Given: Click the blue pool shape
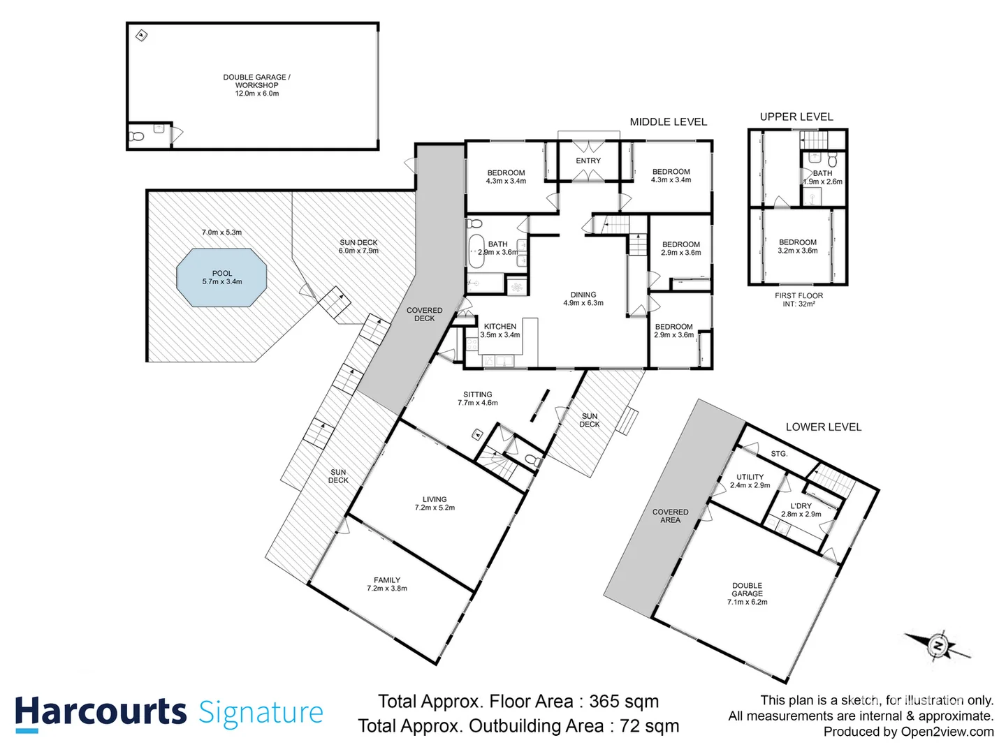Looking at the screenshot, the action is [222, 278].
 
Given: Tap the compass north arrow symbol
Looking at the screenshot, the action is [938, 645].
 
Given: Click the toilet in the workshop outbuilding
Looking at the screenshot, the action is [137, 136].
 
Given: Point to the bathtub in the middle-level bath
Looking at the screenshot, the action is [476, 251].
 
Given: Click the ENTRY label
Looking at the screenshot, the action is [588, 161].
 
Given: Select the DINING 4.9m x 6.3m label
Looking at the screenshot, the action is [583, 299].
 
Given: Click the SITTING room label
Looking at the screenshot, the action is [478, 399].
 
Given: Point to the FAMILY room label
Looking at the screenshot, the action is [387, 584].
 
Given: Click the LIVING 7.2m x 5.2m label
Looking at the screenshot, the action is [435, 503].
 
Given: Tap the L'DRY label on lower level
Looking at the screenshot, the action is [801, 510].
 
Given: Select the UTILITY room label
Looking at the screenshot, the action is [750, 481].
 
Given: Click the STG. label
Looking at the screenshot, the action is [779, 454].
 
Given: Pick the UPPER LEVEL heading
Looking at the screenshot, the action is [796, 117].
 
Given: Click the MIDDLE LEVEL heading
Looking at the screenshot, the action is [669, 121].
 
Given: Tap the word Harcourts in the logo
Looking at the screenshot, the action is [101, 713].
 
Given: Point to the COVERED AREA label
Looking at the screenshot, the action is [670, 516].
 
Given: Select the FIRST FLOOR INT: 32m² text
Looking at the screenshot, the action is [799, 300].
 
